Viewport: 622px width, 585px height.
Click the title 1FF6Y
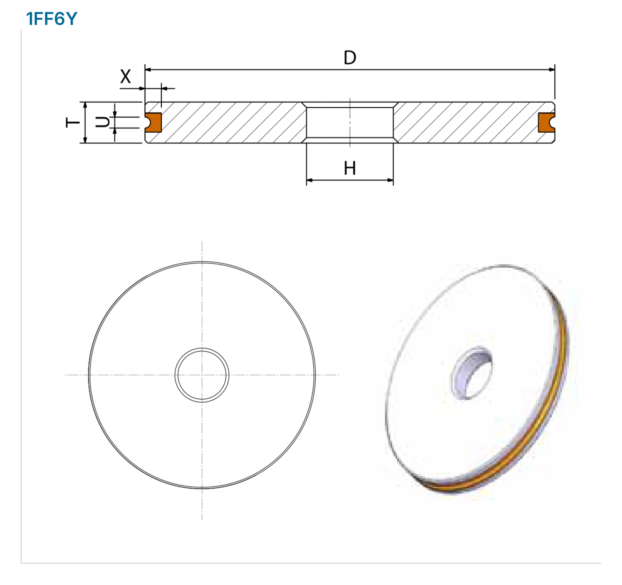coord(52,19)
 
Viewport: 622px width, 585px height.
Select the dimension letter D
coord(350,58)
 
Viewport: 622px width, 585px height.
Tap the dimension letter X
coord(126,76)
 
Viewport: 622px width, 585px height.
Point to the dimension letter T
coord(73,123)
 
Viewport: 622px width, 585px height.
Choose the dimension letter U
coord(103,123)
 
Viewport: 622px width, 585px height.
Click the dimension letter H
coord(350,168)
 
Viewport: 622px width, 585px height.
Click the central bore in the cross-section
coord(350,123)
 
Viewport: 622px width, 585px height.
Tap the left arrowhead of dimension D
coord(148,70)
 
